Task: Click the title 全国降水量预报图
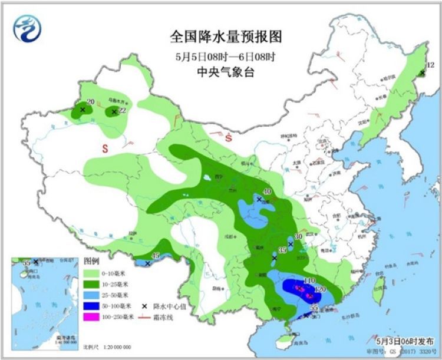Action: point(226,37)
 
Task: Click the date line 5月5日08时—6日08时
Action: point(226,58)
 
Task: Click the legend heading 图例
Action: point(91,261)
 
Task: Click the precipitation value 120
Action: point(321,289)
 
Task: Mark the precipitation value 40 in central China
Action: point(266,191)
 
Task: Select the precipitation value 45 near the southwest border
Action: point(156,255)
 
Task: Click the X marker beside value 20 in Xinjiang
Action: point(83,110)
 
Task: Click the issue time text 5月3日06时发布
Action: point(405,341)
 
